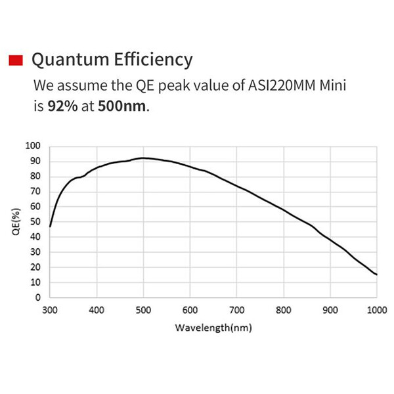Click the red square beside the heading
pyautogui.click(x=16, y=60)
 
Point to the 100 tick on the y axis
pyautogui.click(x=33, y=146)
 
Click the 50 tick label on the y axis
pyautogui.click(x=35, y=221)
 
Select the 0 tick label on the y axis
pyautogui.click(x=37, y=297)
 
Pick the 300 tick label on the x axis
pyautogui.click(x=50, y=310)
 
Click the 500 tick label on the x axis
pyautogui.click(x=143, y=310)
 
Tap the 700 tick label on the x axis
pyautogui.click(x=236, y=310)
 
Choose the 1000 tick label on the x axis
pyautogui.click(x=376, y=310)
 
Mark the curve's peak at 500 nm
pyautogui.click(x=143, y=158)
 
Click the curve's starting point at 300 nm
pyautogui.click(x=50, y=226)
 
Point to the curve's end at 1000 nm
pyautogui.click(x=376, y=274)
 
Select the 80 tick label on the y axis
pyautogui.click(x=35, y=176)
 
